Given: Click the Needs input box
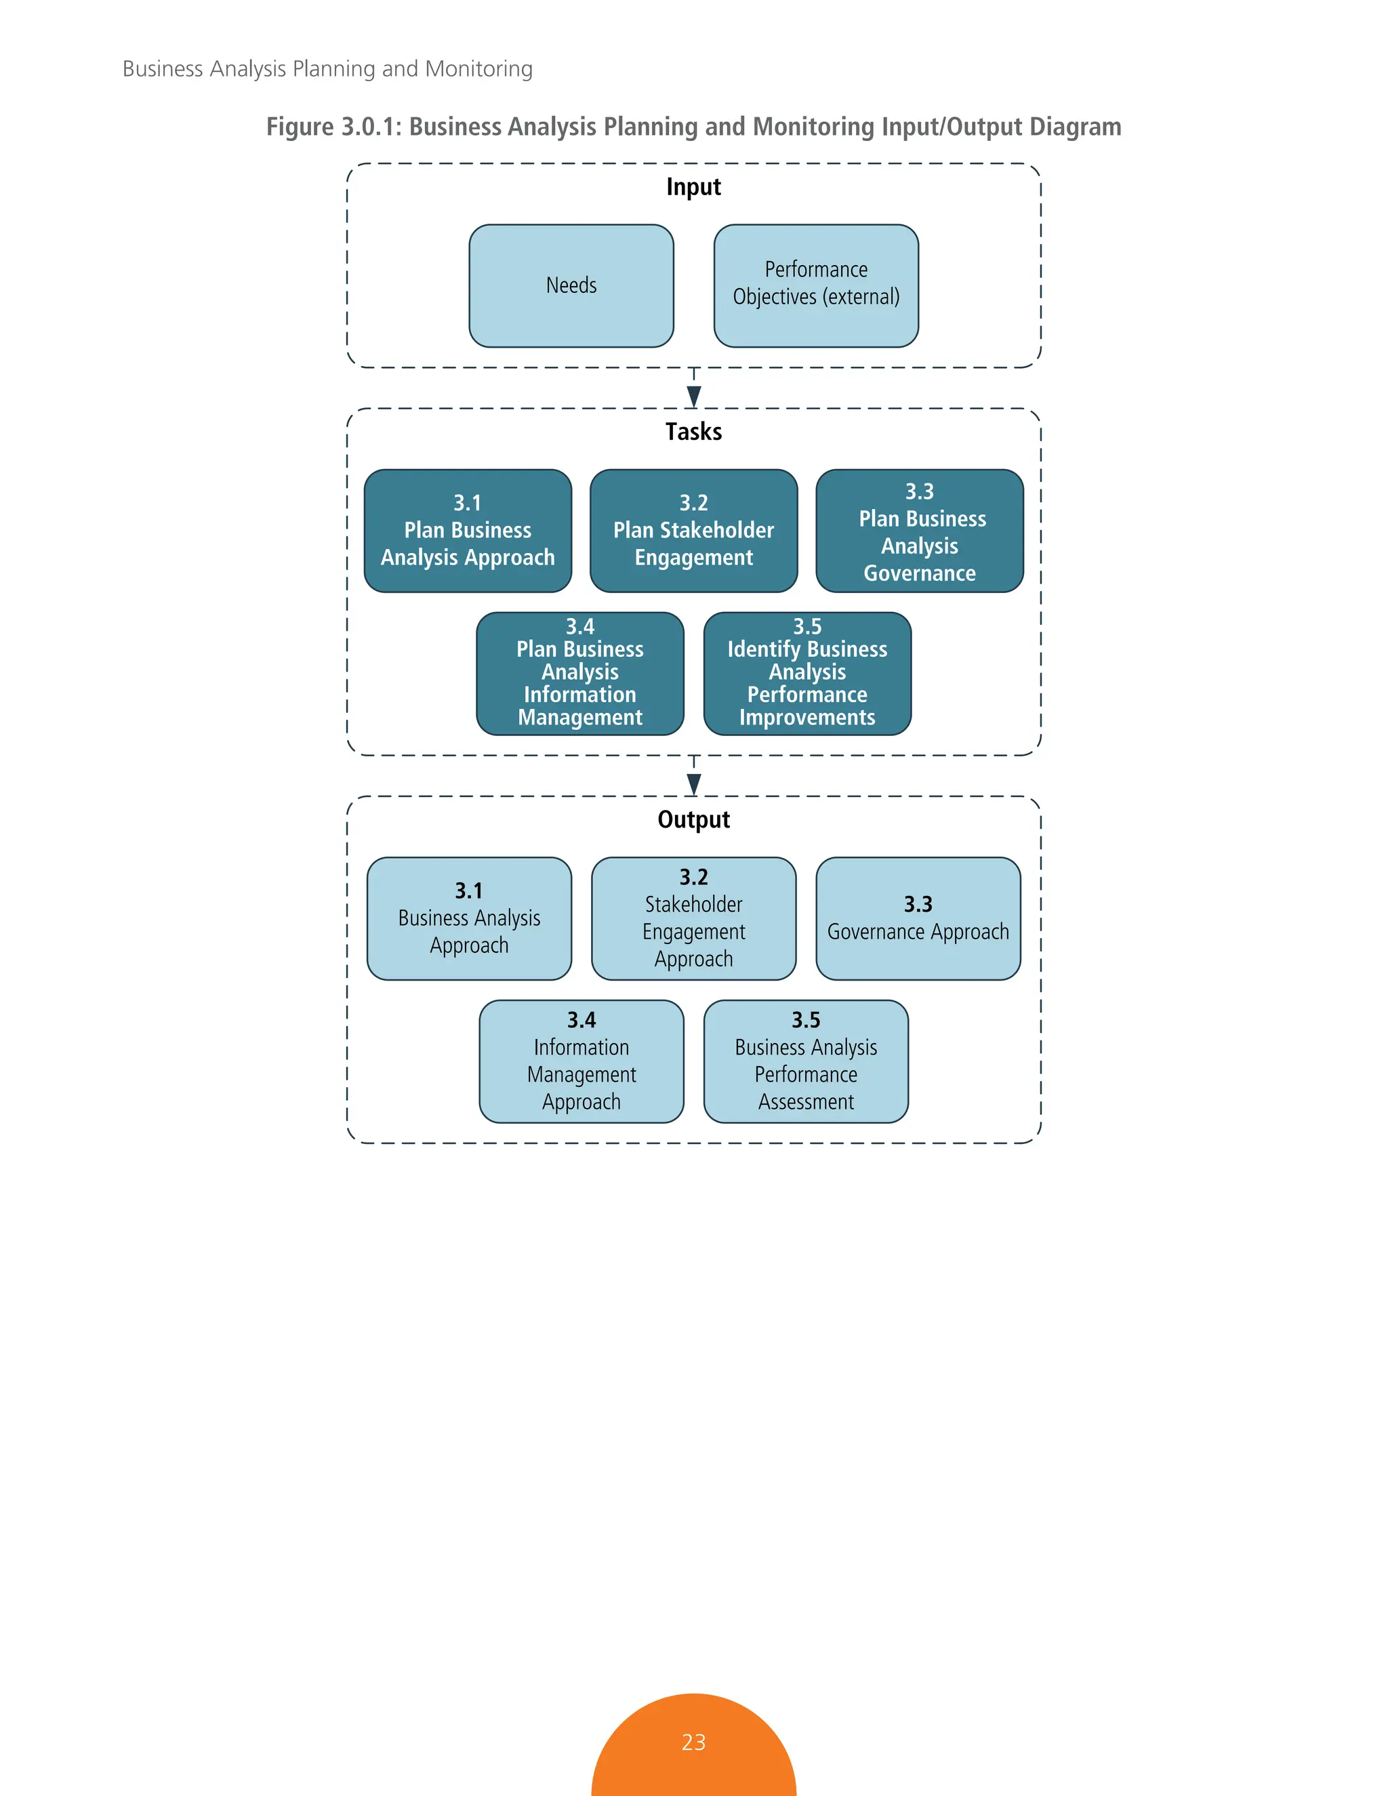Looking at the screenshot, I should [x=571, y=285].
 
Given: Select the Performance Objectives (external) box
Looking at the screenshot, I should [x=816, y=285].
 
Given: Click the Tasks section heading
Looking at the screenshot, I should [x=693, y=432].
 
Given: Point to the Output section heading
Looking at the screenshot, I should [x=693, y=820].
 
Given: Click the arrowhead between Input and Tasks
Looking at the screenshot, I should [x=693, y=396].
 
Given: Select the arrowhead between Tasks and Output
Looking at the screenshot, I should [x=693, y=785].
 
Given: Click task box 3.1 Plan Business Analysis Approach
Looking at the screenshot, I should [x=467, y=531].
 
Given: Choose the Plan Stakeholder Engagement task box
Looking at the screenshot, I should [x=693, y=531].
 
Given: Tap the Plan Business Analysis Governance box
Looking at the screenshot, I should [x=919, y=531].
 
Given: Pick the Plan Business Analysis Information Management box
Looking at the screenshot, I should [x=579, y=673].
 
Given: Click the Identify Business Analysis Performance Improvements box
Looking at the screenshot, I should [x=807, y=673].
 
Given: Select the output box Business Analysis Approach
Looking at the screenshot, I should [x=469, y=918].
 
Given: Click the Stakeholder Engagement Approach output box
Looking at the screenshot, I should [x=693, y=918].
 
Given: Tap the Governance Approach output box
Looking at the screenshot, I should [x=918, y=918].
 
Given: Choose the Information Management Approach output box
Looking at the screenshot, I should [x=581, y=1061].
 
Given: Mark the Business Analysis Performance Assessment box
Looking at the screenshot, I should [x=806, y=1061].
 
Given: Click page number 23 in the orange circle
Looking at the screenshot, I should [x=693, y=1742].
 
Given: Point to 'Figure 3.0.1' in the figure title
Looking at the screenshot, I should [x=333, y=127].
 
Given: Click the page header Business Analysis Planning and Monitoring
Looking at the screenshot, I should [x=327, y=68].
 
